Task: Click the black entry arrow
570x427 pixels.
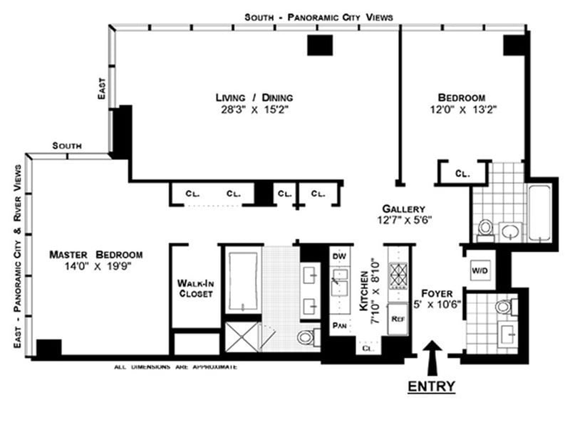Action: (x=432, y=355)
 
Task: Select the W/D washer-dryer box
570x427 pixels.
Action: (x=480, y=270)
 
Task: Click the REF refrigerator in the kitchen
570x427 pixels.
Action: (x=398, y=320)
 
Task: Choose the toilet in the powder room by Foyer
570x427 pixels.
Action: (x=503, y=307)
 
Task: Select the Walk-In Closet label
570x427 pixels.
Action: (x=195, y=288)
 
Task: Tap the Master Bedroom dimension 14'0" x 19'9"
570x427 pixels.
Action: (x=95, y=265)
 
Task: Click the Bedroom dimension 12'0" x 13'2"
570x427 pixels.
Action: (x=461, y=110)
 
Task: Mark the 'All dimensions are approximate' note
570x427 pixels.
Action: (x=175, y=367)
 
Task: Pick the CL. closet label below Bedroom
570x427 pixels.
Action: (x=462, y=173)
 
